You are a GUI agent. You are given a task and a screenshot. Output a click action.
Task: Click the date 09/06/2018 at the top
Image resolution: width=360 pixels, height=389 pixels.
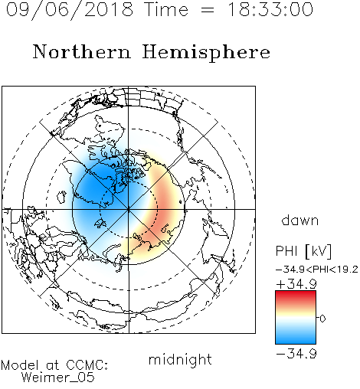pos(70,10)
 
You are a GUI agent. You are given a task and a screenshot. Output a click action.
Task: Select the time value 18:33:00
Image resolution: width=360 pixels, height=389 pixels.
pos(270,10)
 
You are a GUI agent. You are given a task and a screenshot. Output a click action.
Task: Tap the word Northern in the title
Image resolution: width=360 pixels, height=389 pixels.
pos(82,51)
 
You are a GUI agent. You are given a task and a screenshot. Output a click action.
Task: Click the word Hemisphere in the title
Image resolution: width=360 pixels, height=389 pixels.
pos(206,53)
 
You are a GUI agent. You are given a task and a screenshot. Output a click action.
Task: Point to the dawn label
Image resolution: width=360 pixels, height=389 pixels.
pos(300,220)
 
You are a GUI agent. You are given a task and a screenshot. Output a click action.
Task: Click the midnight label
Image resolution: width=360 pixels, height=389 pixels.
pos(180,360)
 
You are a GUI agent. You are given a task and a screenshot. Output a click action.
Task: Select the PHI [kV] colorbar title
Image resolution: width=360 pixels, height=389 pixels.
pos(304,251)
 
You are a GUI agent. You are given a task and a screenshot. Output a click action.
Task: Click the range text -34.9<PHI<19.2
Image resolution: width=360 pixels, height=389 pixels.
pos(317,270)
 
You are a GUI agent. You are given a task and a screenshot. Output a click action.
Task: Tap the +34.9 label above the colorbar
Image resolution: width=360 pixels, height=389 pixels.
pos(296,284)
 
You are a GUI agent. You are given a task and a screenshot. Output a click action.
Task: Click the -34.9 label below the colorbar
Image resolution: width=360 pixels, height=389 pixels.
pos(296,354)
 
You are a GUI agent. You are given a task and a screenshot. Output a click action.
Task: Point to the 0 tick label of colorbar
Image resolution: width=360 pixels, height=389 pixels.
pos(322,319)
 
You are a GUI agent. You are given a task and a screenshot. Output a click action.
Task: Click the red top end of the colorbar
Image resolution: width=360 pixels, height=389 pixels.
pos(296,293)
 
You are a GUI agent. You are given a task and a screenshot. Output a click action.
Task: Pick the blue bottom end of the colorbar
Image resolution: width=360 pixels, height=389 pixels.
pos(296,341)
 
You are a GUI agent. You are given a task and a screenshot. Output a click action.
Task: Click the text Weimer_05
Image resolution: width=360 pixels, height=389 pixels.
pos(58,378)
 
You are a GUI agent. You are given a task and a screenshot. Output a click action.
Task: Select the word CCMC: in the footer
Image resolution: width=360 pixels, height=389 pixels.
pos(87,365)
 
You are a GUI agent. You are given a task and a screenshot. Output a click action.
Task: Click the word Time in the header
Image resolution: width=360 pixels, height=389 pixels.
pos(166,10)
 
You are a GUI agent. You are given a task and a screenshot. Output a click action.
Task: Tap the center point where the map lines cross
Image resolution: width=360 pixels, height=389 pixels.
pos(129,209)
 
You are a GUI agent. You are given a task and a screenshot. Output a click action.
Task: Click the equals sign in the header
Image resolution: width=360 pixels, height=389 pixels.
pos(208,10)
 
